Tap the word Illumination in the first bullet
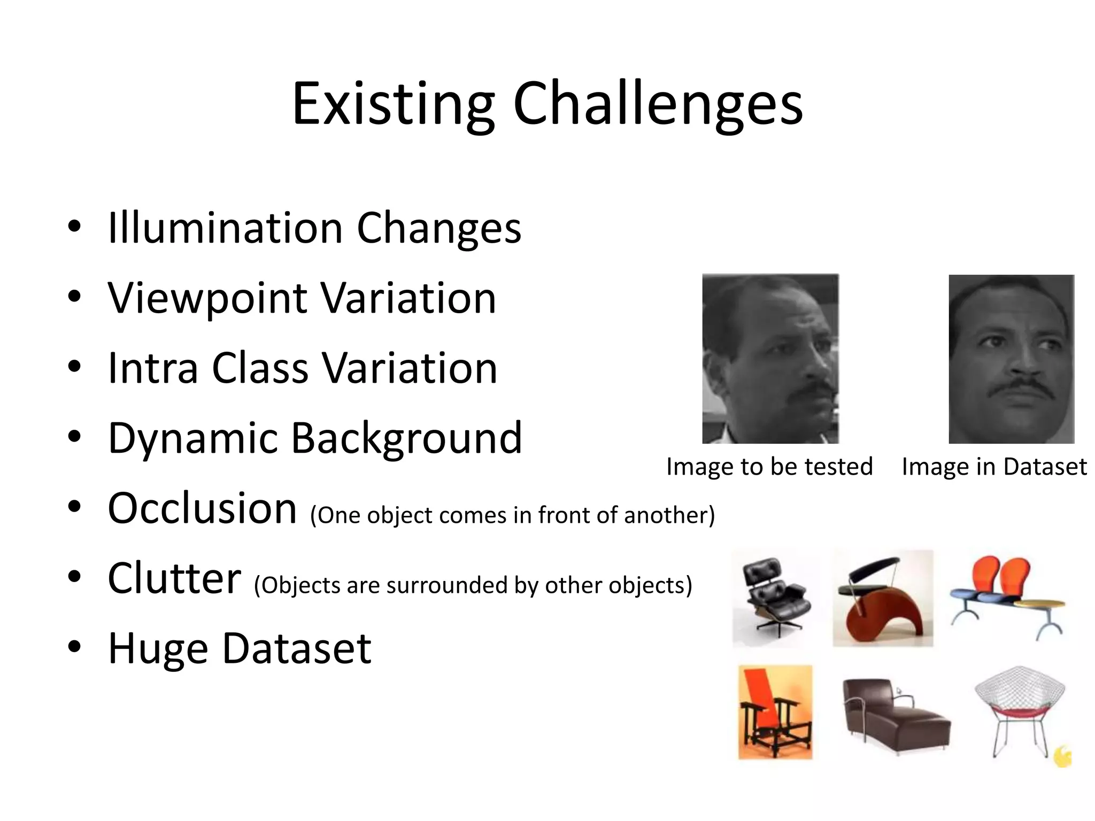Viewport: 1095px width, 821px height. click(225, 228)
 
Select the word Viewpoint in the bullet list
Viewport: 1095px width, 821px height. click(207, 298)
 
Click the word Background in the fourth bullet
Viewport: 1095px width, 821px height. click(406, 438)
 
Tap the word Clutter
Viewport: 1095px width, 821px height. click(174, 578)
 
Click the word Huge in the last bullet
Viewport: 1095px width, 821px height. click(158, 648)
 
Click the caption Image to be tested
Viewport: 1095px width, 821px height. click(769, 467)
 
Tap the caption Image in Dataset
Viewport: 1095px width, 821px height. click(994, 467)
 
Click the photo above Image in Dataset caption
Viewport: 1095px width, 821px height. click(1011, 359)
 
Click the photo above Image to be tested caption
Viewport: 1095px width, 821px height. click(770, 359)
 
